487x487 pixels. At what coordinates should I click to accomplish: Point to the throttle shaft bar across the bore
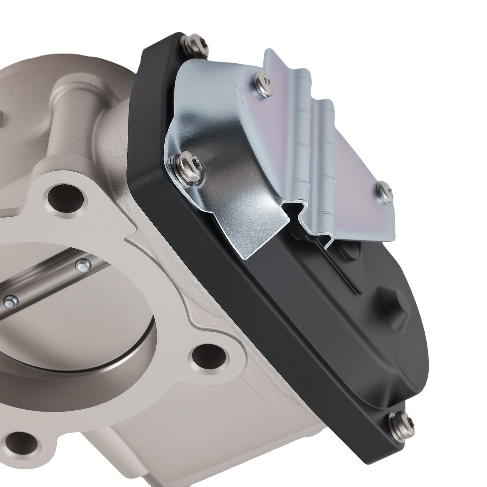tap(46, 280)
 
